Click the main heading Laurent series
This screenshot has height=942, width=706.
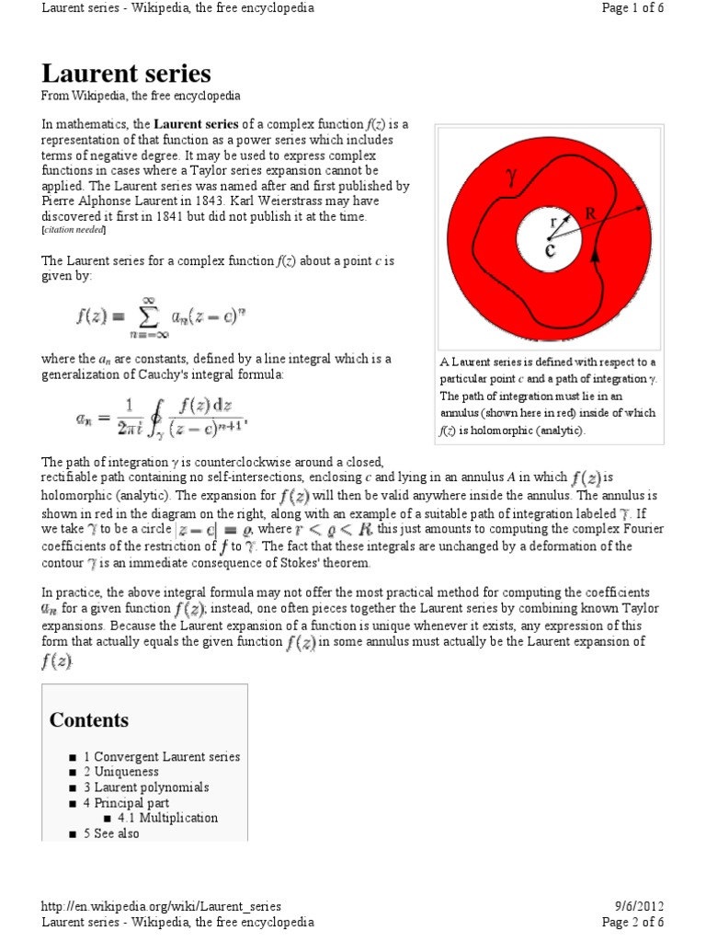pos(127,74)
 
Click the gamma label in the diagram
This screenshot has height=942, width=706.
pos(511,177)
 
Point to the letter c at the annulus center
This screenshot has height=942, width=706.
pos(549,250)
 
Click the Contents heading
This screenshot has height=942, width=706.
pos(89,720)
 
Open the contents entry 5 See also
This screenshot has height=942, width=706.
pos(117,833)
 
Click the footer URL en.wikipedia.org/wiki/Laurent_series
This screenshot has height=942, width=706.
pos(162,906)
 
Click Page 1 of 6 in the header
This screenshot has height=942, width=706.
pos(632,8)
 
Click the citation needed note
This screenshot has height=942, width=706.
pos(74,229)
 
